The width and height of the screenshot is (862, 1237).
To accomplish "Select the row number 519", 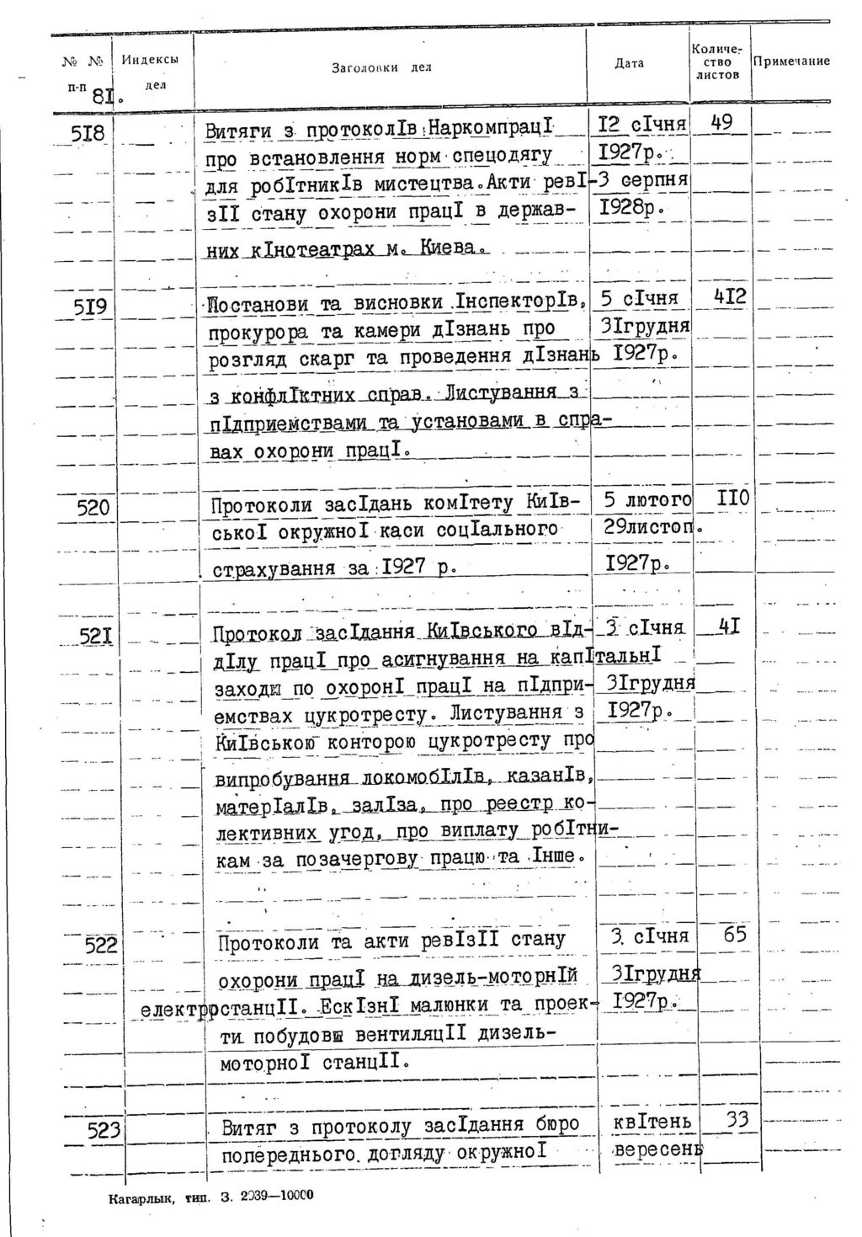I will coord(88,307).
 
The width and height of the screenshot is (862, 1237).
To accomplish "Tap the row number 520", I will coord(93,508).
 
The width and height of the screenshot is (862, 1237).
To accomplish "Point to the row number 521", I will coord(96,637).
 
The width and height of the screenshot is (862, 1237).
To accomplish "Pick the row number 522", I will coord(102,946).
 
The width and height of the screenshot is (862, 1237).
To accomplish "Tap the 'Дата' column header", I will coord(629,63).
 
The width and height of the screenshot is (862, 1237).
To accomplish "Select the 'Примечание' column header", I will coord(791,61).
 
